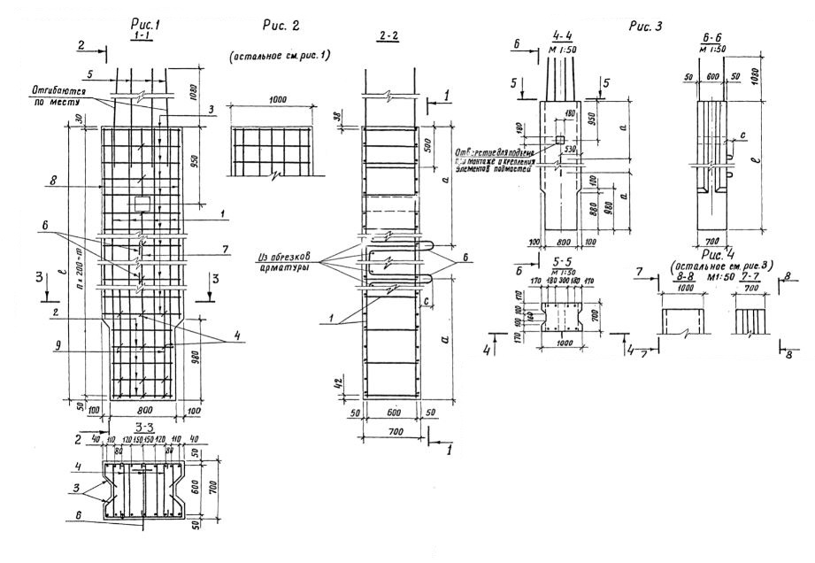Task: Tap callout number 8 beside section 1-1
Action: coord(55,180)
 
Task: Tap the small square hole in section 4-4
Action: coord(560,141)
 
